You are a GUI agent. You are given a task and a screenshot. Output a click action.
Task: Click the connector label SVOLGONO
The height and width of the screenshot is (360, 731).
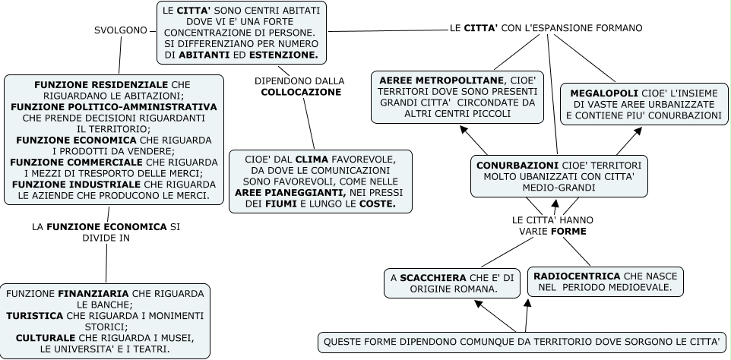[x=122, y=30]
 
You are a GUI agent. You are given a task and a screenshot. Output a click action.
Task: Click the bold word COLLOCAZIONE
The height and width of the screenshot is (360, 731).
[x=299, y=92]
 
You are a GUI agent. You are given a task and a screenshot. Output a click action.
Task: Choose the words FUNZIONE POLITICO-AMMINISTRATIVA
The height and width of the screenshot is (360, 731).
[x=114, y=107]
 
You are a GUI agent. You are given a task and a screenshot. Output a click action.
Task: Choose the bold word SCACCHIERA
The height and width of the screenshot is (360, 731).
[x=434, y=277]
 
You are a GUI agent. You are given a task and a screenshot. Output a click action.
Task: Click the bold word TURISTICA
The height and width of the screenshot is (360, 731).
[x=35, y=315]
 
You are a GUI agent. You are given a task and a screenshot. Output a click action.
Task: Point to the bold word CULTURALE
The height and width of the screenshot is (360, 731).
[x=45, y=337]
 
